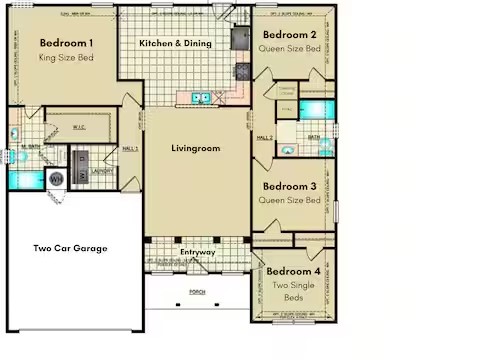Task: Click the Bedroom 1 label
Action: pos(67,43)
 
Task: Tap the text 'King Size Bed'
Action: pos(67,58)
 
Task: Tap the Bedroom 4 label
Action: pos(294,271)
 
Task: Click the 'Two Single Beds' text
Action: pos(294,293)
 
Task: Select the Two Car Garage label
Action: pos(70,248)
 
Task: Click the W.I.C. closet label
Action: pos(81,127)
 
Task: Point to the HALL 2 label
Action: pos(265,138)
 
